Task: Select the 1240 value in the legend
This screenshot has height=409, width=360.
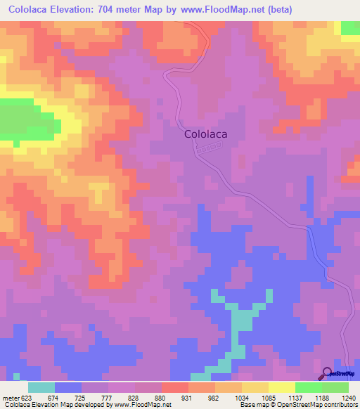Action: [349, 398]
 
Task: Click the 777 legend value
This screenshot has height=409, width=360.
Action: [108, 398]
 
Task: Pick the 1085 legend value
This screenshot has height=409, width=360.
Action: [269, 398]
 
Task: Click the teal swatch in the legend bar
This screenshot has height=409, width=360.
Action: [41, 387]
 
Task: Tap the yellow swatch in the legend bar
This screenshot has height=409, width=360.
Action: [281, 387]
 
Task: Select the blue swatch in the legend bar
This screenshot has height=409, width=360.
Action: [68, 387]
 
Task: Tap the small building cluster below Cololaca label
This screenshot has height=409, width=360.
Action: [209, 149]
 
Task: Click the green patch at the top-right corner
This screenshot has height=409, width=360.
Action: [350, 27]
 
